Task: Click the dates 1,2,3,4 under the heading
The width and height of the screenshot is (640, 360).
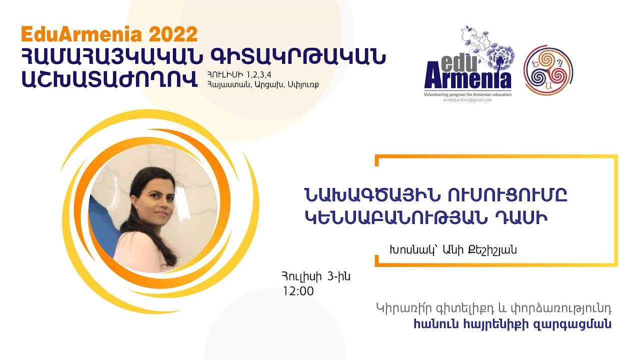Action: (x=259, y=75)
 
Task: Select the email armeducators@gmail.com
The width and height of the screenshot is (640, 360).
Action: (x=467, y=100)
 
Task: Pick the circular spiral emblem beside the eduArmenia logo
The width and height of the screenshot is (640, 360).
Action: (x=548, y=70)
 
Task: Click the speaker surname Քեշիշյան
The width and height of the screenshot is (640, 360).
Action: (x=489, y=250)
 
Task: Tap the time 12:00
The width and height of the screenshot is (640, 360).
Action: (x=298, y=291)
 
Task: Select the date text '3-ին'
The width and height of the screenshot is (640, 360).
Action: (x=338, y=276)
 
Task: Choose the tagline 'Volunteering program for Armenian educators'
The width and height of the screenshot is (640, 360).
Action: (x=467, y=94)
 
